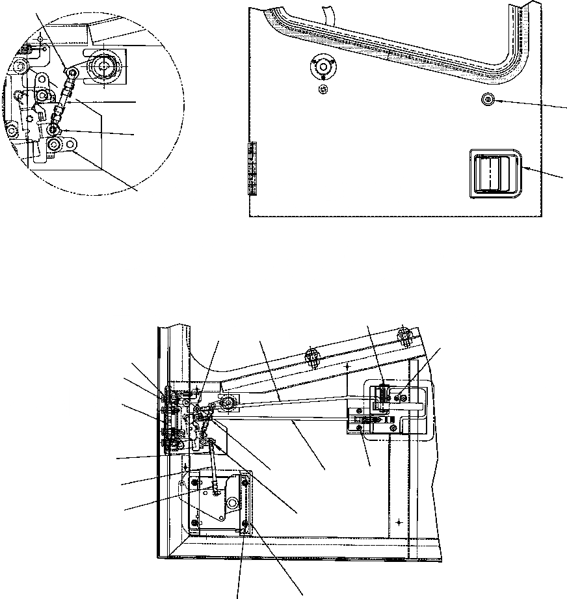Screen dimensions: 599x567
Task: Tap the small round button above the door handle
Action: pyautogui.click(x=487, y=98)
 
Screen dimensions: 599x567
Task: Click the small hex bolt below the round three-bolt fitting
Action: pyautogui.click(x=323, y=89)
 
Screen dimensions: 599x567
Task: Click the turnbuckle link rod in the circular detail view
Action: pyautogui.click(x=64, y=100)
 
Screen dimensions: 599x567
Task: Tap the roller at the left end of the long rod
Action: pyautogui.click(x=228, y=405)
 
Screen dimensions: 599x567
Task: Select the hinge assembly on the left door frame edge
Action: pyautogui.click(x=168, y=419)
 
